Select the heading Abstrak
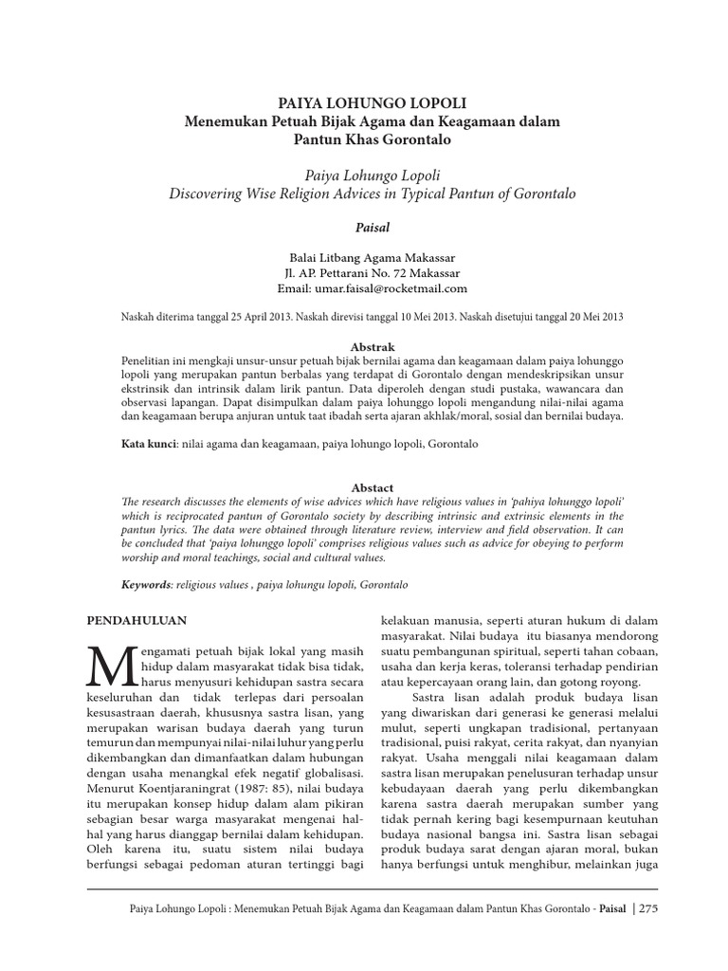click(x=372, y=348)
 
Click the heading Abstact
click(x=372, y=487)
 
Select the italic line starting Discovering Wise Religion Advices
click(x=372, y=193)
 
